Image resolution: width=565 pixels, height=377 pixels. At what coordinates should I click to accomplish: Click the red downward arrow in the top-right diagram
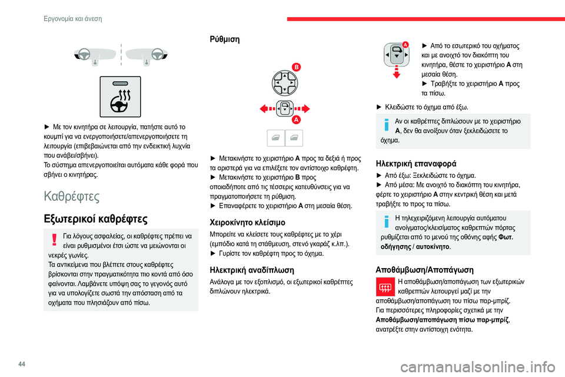pyautogui.click(x=395, y=74)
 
